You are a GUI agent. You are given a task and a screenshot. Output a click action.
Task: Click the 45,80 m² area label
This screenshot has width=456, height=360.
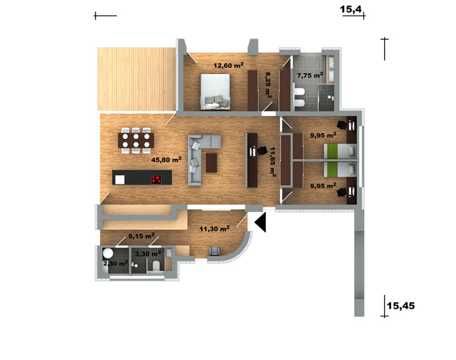click(x=167, y=160)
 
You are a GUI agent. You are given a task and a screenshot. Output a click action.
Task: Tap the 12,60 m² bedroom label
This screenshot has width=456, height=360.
click(x=229, y=65)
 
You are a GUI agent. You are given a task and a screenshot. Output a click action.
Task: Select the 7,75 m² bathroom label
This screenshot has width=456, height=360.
click(x=310, y=75)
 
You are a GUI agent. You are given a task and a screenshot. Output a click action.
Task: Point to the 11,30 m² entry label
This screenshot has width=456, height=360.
click(x=215, y=229)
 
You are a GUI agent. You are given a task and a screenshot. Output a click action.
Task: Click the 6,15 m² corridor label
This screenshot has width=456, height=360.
click(x=142, y=236)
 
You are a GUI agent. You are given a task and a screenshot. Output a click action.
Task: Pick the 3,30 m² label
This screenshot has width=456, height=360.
click(x=148, y=254)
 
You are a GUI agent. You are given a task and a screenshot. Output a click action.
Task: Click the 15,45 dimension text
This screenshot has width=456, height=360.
click(x=401, y=306)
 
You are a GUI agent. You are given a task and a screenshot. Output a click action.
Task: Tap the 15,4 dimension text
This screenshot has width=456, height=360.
click(x=351, y=9)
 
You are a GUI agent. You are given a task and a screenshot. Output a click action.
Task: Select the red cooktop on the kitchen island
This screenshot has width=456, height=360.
click(x=156, y=180)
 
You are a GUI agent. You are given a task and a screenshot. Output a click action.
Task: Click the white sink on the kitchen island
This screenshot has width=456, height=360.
click(x=120, y=180)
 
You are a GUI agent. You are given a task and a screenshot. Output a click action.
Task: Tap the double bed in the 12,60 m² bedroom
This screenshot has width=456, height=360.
click(x=215, y=92)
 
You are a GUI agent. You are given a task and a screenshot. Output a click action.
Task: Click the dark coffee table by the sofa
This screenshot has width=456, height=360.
click(x=211, y=163)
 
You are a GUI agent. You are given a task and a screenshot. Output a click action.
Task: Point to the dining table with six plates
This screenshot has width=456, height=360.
click(x=136, y=140)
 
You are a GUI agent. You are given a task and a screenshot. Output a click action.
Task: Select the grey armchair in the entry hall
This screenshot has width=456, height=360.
click(x=215, y=252)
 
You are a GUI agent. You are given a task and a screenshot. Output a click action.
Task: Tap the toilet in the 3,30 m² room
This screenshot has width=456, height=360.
click(x=156, y=265)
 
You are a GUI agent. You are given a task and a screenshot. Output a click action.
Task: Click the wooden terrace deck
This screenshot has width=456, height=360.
click(x=136, y=79)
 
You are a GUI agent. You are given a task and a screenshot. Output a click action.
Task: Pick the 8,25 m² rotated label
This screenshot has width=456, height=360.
click(x=268, y=85)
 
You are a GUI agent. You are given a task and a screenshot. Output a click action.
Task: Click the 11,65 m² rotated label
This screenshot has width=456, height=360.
click(x=273, y=162)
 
